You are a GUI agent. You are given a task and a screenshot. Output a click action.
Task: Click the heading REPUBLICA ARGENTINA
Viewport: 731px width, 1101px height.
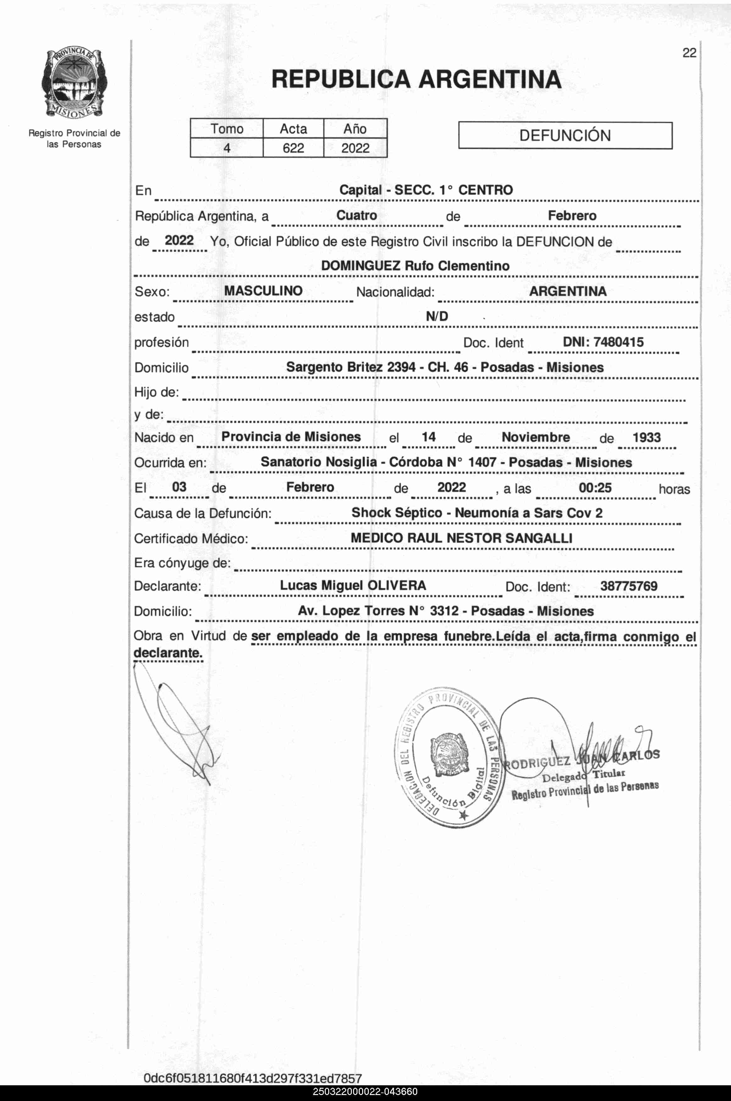coord(416,79)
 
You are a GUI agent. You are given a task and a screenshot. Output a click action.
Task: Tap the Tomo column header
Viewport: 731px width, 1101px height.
coord(227,129)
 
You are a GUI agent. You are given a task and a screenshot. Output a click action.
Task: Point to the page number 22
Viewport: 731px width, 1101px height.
coord(689,53)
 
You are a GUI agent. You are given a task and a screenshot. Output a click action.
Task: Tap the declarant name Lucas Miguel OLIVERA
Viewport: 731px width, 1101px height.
coord(352,586)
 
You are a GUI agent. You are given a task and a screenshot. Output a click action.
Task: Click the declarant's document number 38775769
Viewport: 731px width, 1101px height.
coord(629,586)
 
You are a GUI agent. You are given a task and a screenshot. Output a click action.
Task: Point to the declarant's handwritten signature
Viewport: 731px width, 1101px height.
coord(177,727)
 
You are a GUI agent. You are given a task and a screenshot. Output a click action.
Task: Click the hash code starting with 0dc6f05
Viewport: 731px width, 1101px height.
coord(253,1078)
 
